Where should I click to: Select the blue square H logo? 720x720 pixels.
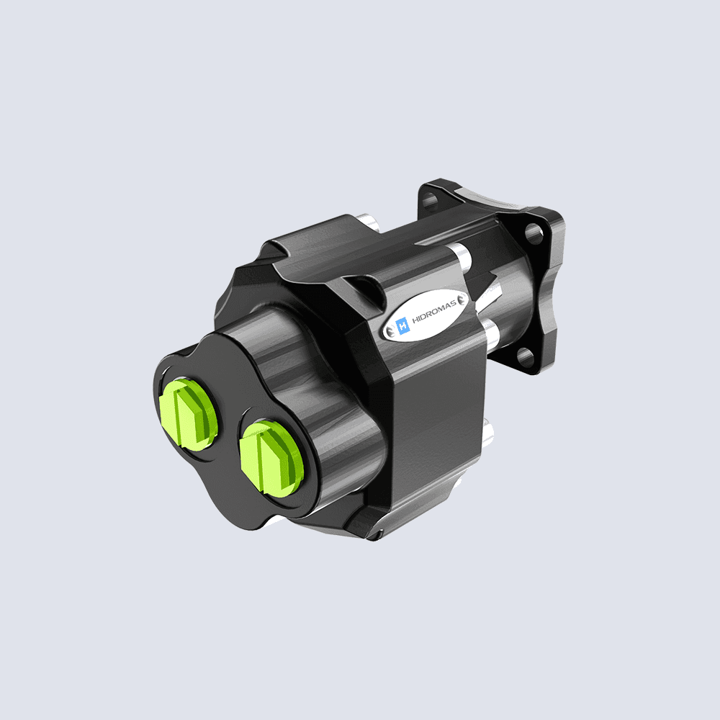point(402,326)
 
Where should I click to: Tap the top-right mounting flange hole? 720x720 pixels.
point(533,232)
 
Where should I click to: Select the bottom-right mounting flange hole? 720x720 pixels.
point(525,355)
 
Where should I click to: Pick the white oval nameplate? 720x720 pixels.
point(428,314)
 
